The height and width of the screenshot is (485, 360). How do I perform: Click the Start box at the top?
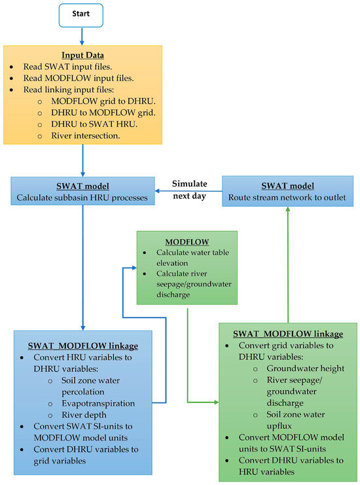point(83,14)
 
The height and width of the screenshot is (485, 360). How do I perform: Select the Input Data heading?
point(83,56)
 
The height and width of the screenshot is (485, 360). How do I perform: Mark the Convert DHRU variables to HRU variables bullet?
point(288,465)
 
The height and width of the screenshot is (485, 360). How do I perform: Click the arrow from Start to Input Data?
point(83,35)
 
